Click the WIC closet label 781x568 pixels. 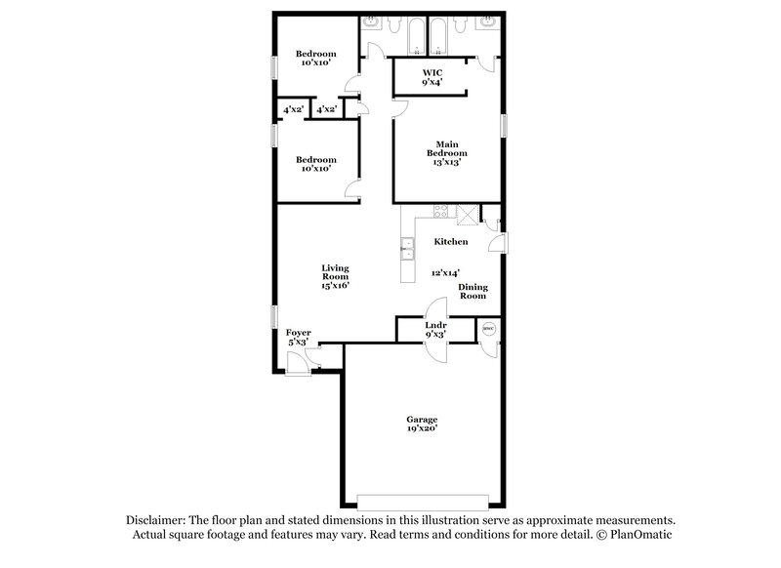[x=432, y=77]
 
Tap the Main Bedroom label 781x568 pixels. [x=446, y=154]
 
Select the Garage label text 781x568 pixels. [x=422, y=423]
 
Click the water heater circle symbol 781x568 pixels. [x=489, y=329]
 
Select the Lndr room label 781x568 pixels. [x=436, y=329]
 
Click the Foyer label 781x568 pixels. [x=298, y=338]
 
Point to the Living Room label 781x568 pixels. [x=336, y=276]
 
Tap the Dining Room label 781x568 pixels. [x=473, y=291]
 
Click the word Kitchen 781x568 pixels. [x=451, y=242]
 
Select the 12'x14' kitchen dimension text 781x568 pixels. [x=445, y=274]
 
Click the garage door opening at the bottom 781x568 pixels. [x=421, y=501]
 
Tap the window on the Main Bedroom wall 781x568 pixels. [x=506, y=128]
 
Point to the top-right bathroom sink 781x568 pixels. [x=486, y=23]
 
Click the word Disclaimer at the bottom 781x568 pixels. [x=160, y=521]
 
